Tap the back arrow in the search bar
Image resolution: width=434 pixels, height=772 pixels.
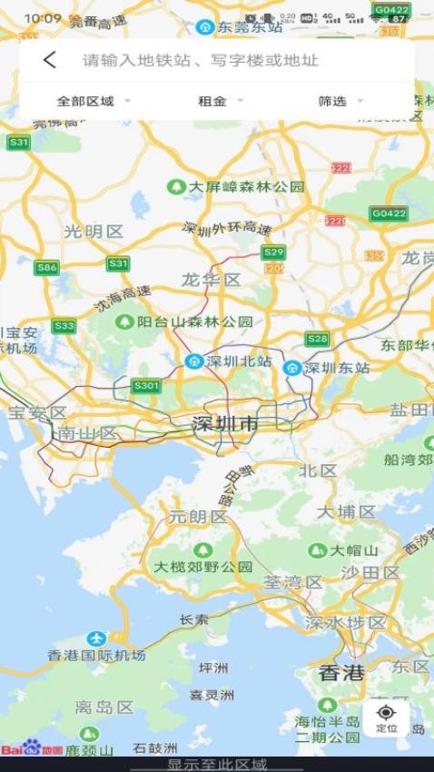(50, 61)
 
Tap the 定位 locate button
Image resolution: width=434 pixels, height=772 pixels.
(387, 718)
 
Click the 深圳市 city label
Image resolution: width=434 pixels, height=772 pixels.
(224, 424)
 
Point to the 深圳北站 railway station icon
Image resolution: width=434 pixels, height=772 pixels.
(192, 361)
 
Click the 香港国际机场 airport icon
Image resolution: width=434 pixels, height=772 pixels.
(96, 638)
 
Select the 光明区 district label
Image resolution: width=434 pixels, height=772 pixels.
(93, 232)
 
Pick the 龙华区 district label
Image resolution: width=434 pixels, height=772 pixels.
(211, 280)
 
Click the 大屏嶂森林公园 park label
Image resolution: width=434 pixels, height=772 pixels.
(245, 186)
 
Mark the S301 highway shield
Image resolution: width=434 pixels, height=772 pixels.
(145, 386)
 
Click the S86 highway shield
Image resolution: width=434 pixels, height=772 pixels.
(46, 267)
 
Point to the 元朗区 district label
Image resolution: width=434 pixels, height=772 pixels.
(197, 517)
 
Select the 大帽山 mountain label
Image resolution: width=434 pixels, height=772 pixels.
(350, 550)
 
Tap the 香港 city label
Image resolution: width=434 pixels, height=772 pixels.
(341, 673)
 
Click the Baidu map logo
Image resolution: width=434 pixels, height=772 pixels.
(32, 749)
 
